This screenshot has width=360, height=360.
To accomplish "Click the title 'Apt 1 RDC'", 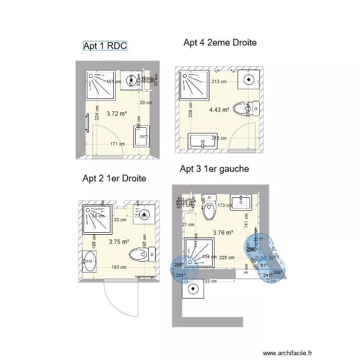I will pos(105,46).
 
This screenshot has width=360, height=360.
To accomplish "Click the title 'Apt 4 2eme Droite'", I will pos(220,43).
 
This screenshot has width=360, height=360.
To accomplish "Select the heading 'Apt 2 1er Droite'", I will pos(114,179).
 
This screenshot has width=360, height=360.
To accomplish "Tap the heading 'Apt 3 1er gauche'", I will pos(214,169).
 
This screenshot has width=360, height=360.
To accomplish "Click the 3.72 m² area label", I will pos(117,114).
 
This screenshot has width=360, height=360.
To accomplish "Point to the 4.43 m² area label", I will pos(219,110).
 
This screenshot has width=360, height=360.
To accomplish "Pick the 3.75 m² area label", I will pos(119,242).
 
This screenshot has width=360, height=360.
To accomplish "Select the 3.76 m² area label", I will pos(223,233).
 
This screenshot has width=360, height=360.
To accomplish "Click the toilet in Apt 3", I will pos(209,207).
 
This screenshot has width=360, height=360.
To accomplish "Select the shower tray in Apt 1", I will pos(100,84).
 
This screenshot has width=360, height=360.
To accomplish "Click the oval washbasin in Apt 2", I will pos(89,262).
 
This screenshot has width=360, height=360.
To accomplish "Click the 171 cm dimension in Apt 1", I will pos(117,144).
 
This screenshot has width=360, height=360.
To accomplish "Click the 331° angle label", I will pos(258,240).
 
